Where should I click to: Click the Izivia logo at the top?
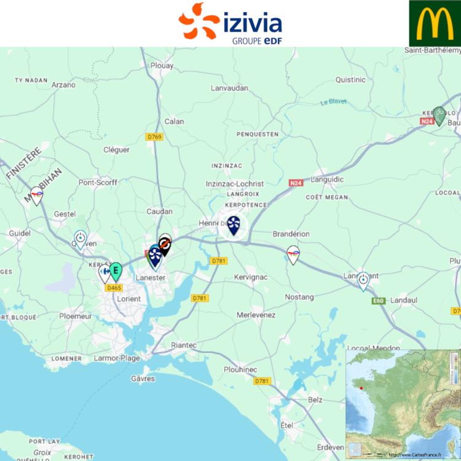230,23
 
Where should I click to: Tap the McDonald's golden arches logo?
435,23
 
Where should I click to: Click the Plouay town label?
162,65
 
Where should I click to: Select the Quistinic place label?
350,80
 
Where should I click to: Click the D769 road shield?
154,136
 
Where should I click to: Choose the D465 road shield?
114,287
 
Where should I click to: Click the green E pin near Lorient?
115,270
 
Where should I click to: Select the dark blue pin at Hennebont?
234,225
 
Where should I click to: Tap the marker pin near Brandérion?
294,254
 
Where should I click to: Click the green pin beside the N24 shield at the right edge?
439,115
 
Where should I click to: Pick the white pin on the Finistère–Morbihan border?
36,195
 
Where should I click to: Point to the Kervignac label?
251,277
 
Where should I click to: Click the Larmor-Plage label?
117,358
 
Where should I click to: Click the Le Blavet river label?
333,102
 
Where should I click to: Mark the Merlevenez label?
256,315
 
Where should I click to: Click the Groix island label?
42,452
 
